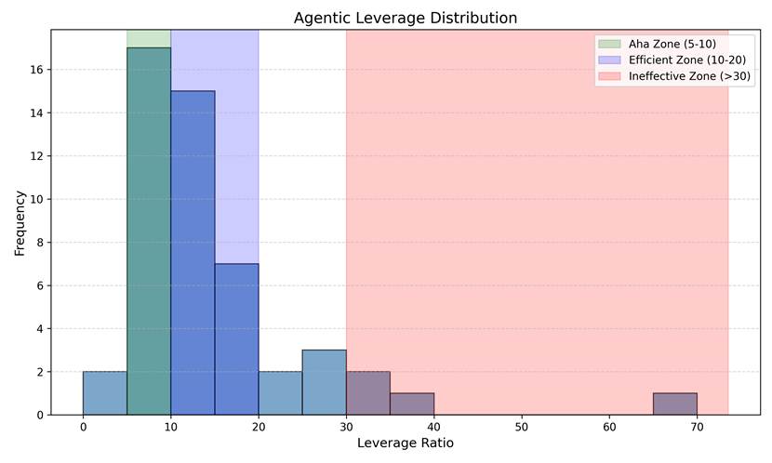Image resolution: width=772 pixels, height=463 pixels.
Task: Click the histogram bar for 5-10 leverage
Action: [x=149, y=231]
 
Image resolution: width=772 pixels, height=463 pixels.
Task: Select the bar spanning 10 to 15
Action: [x=193, y=253]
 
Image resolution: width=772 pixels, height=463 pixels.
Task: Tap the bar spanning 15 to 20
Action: [x=236, y=339]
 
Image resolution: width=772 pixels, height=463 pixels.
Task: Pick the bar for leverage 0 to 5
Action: [x=105, y=393]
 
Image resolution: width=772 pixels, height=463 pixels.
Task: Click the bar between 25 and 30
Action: [x=324, y=382]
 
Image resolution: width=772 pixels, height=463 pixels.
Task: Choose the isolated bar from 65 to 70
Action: [x=675, y=403]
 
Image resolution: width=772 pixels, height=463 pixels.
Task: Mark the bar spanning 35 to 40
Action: [x=412, y=403]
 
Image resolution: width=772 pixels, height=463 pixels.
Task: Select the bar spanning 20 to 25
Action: [x=280, y=393]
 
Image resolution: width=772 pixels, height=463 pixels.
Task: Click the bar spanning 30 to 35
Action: [x=368, y=393]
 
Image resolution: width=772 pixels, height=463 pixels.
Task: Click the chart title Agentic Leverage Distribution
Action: [x=406, y=18]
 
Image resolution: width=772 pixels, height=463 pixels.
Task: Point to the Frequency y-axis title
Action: [x=20, y=223]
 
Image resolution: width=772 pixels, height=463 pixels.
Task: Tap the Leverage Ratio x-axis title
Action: [x=406, y=443]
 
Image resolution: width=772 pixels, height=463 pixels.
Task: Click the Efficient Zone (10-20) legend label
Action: [x=687, y=60]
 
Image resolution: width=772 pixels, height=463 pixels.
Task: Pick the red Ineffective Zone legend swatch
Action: [x=609, y=76]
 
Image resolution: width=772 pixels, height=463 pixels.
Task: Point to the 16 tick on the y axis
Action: [x=37, y=70]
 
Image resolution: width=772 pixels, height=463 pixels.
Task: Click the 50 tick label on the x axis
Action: [x=522, y=427]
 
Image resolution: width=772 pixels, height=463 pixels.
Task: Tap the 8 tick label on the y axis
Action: [x=40, y=243]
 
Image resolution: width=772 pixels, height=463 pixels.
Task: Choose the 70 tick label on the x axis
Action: [x=698, y=427]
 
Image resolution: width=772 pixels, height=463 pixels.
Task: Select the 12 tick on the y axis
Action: [x=37, y=156]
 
